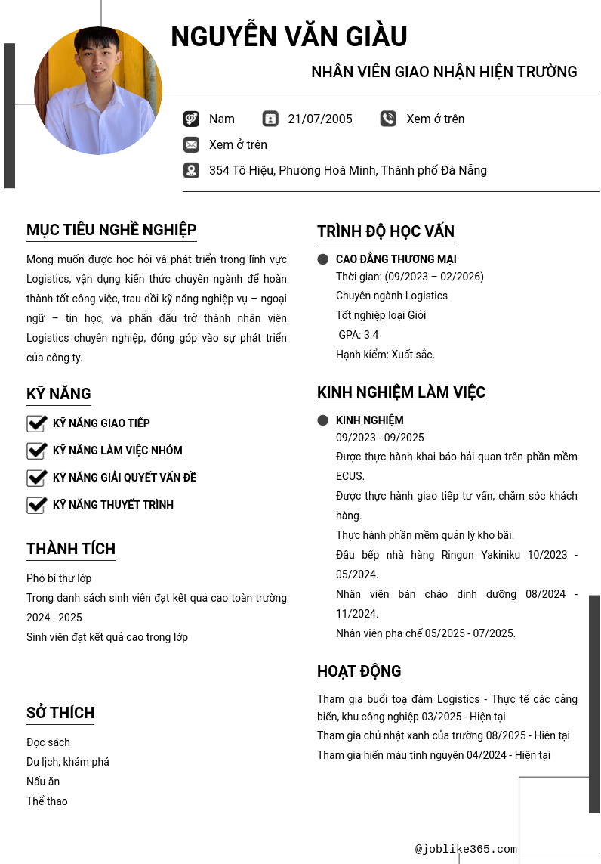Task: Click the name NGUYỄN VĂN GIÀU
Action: [289, 37]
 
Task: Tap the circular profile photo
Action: [98, 91]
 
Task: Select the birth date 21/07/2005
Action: [320, 119]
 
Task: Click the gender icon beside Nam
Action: [191, 119]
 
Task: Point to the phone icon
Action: [388, 119]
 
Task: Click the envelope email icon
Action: [191, 144]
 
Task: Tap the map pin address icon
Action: [191, 170]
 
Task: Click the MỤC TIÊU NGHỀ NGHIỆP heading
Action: [112, 230]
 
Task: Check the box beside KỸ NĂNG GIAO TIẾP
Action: [37, 423]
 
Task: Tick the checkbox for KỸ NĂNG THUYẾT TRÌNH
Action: [37, 505]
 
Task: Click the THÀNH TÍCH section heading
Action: [71, 549]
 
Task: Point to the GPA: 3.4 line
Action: [359, 335]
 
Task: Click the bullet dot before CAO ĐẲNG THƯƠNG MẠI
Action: [323, 259]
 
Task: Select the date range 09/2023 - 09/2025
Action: [380, 438]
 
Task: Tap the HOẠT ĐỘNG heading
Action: [359, 671]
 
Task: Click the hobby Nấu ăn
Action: [43, 782]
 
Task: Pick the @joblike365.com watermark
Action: [466, 849]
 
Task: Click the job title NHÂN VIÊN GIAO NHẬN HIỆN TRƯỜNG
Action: [444, 72]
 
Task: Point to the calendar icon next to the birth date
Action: [270, 119]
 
